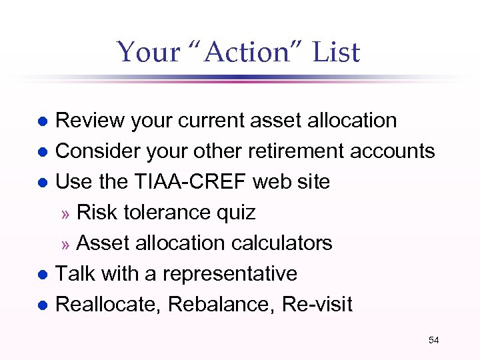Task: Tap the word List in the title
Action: pos(333,52)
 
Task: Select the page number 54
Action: pos(434,340)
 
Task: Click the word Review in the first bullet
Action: pos(90,121)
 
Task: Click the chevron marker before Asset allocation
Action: pos(65,244)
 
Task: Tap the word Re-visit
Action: pos(317,305)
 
